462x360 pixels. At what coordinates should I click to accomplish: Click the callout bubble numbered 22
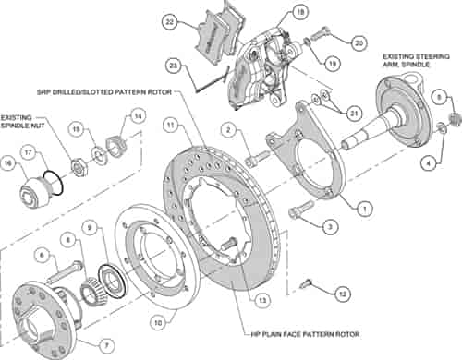click(x=169, y=21)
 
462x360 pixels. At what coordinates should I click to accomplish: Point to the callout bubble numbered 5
click(x=440, y=95)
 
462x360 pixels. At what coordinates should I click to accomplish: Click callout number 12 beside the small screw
click(x=343, y=294)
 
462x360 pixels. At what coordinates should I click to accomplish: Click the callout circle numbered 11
click(x=170, y=124)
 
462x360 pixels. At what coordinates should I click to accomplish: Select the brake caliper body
click(x=269, y=65)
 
